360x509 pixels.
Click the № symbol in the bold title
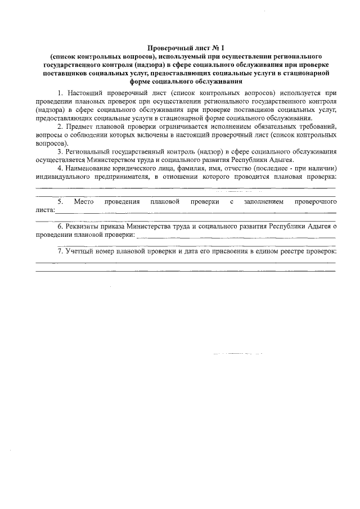[201, 48]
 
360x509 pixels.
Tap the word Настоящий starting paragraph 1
[84, 92]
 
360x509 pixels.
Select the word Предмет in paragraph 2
[82, 127]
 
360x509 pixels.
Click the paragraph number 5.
[60, 201]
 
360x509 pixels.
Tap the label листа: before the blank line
[45, 210]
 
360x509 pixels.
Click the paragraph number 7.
[60, 251]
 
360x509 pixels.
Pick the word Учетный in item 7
[78, 251]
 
